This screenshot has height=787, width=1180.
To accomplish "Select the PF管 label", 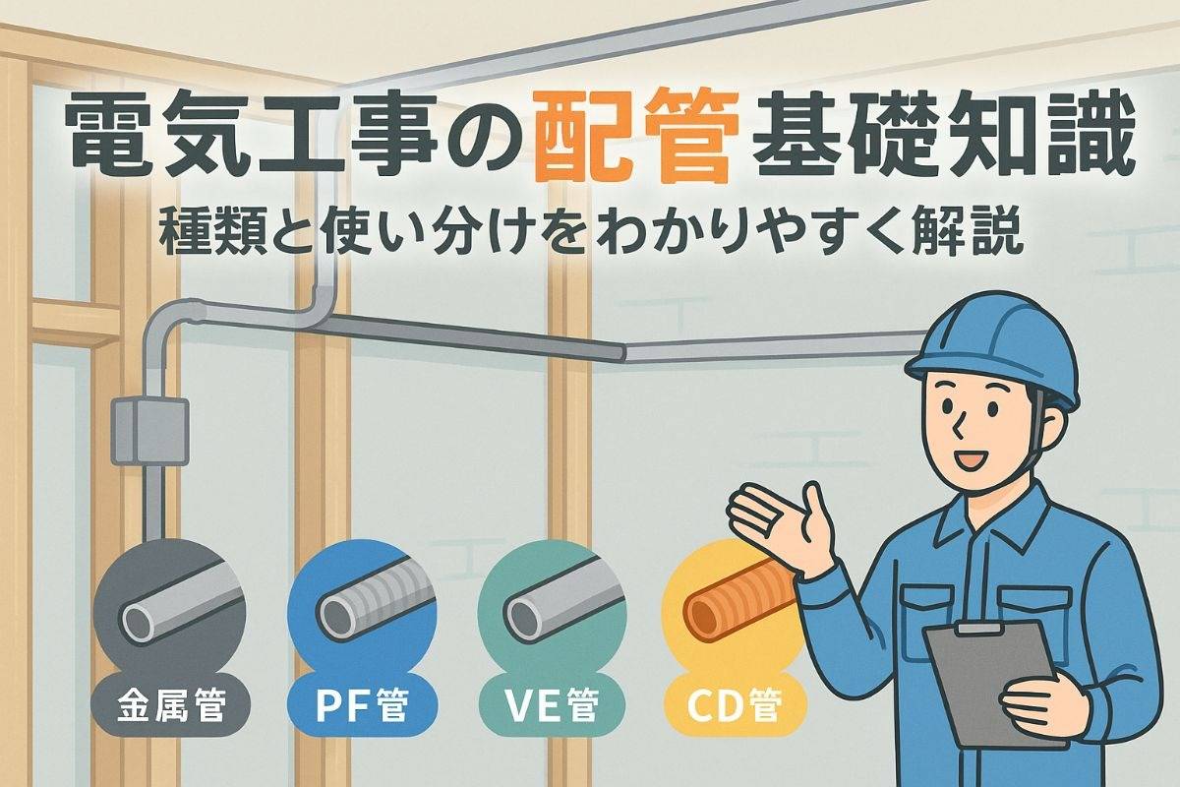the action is click(x=362, y=705).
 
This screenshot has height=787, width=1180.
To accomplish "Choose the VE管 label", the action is click(x=552, y=705).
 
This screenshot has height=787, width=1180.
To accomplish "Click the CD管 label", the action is click(x=735, y=705).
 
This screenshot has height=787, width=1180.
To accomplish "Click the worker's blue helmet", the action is click(x=991, y=351).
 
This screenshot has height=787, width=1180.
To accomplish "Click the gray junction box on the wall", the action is click(x=150, y=431).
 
